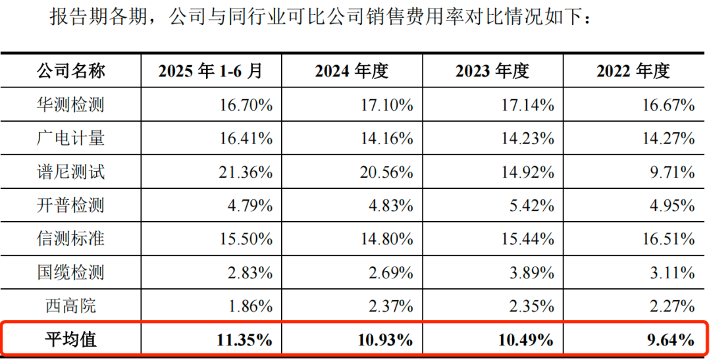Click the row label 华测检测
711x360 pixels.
point(70,105)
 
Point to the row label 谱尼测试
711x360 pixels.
point(70,172)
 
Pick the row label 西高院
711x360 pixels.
point(70,305)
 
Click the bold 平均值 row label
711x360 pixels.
point(70,340)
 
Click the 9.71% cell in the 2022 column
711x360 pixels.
point(671,172)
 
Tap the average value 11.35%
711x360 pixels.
point(244,340)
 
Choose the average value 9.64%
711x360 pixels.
point(671,340)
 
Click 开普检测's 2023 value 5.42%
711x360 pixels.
point(531,205)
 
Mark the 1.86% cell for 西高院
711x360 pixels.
point(250,305)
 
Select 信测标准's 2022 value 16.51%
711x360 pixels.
point(669,238)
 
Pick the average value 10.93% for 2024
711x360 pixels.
point(385,340)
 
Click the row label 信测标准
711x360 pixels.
point(70,238)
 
